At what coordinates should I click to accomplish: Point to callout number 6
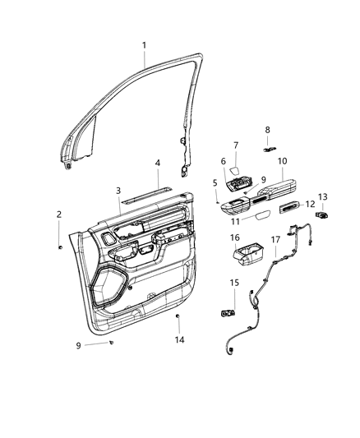[x=222, y=161]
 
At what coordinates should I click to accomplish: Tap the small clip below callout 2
[x=61, y=246]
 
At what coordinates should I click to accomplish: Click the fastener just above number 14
[x=178, y=317]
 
